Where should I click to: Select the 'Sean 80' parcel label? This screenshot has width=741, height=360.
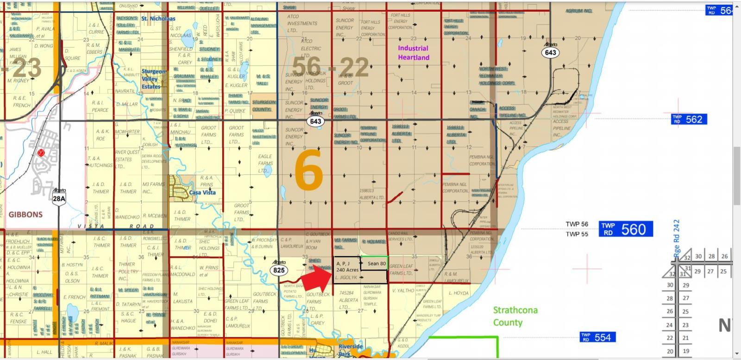[377, 264]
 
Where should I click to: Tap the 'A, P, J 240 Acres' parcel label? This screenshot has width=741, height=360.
[347, 266]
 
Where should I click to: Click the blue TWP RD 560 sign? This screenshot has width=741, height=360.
[626, 229]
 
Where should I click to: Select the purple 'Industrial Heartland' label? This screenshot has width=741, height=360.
[413, 53]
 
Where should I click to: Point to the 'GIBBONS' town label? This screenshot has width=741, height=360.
[25, 215]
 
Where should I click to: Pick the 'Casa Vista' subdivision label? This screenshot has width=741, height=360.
[202, 193]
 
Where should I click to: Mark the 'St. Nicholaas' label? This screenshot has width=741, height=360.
[158, 19]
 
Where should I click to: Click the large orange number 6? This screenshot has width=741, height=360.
[308, 171]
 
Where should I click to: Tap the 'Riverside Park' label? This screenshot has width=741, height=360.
[351, 350]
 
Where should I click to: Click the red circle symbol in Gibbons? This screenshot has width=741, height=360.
[41, 153]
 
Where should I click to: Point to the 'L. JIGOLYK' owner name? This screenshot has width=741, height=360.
[346, 278]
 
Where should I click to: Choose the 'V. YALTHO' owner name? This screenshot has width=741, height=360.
[403, 291]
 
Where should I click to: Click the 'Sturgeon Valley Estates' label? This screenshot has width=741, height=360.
[153, 79]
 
